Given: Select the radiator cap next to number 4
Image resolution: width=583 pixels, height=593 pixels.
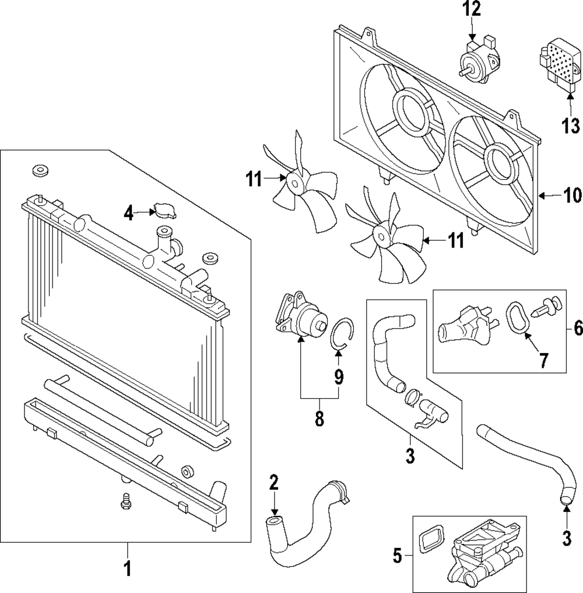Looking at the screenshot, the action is (164, 211).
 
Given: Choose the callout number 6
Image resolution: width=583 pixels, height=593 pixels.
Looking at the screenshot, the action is (578, 327).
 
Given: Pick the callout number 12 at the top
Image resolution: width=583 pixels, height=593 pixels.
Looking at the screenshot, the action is (472, 9).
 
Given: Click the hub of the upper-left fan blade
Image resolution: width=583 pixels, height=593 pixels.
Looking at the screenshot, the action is (294, 184).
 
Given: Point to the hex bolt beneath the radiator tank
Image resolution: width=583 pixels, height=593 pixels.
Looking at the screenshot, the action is (125, 501).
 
